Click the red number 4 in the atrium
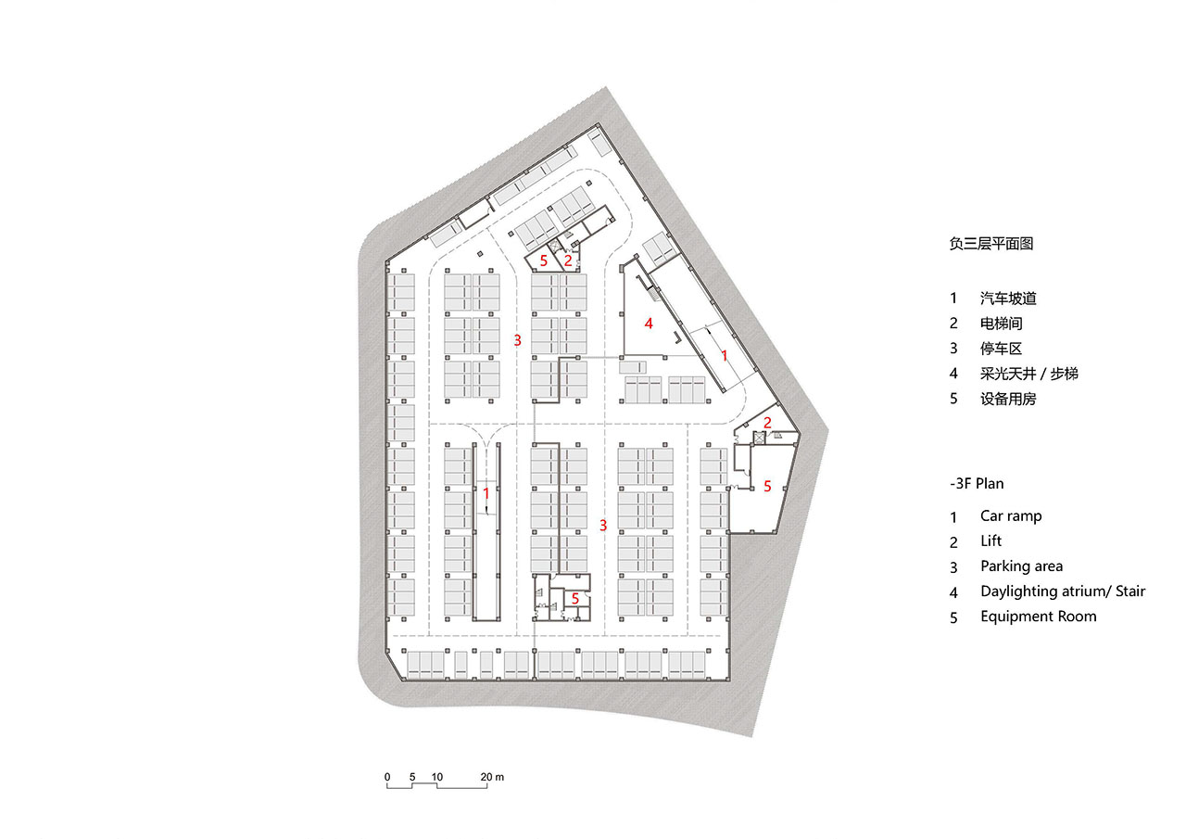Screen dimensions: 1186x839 (649, 324)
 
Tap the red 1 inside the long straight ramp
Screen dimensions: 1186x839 (486, 494)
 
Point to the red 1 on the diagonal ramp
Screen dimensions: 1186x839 (725, 356)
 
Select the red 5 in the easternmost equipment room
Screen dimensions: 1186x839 (767, 486)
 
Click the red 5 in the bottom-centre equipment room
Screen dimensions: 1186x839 (575, 599)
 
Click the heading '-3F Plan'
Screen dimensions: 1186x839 (977, 484)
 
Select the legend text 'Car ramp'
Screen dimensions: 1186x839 (1011, 515)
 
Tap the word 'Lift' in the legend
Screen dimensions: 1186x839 (990, 540)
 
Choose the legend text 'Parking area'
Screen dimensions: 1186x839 (1021, 566)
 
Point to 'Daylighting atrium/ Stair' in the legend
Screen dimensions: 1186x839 (1063, 591)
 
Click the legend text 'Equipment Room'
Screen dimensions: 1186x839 (1039, 617)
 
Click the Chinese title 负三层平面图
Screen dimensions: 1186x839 (991, 244)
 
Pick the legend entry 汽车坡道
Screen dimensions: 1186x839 (1008, 299)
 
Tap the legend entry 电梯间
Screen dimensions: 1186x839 (1002, 324)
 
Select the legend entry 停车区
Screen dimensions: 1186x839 (1001, 349)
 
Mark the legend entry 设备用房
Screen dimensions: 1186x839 (1008, 399)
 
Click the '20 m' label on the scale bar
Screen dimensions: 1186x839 (492, 777)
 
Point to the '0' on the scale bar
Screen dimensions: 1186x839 (387, 777)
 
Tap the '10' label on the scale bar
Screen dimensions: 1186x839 (436, 777)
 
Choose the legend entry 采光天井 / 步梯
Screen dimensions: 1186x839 (1028, 374)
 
